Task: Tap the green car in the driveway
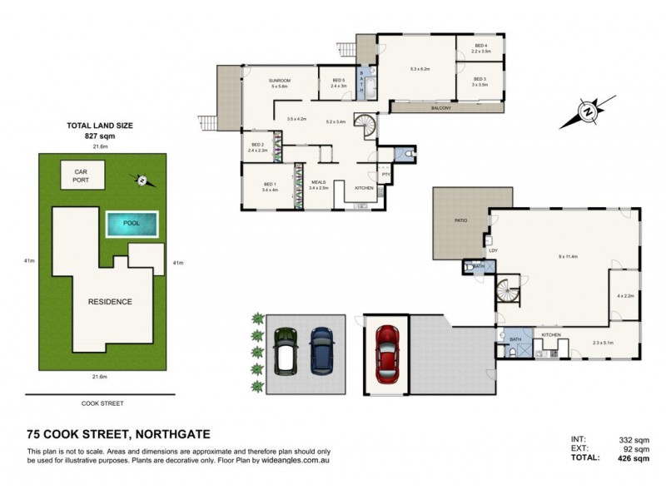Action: pyautogui.click(x=286, y=350)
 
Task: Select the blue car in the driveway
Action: pyautogui.click(x=321, y=350)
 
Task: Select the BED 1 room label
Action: pyautogui.click(x=269, y=184)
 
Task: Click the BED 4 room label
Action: pyautogui.click(x=481, y=45)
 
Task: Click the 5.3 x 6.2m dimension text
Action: pyautogui.click(x=419, y=69)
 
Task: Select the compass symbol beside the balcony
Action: pyautogui.click(x=589, y=110)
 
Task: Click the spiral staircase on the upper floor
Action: pyautogui.click(x=365, y=126)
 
